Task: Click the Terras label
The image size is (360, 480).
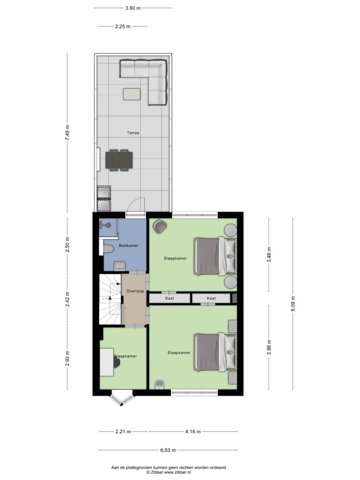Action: pyautogui.click(x=133, y=133)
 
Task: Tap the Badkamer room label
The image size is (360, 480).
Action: pyautogui.click(x=129, y=245)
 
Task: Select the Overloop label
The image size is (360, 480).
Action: pyautogui.click(x=134, y=291)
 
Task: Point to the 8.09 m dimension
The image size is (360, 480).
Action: pyautogui.click(x=293, y=303)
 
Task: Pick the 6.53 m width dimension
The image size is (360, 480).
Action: pyautogui.click(x=168, y=450)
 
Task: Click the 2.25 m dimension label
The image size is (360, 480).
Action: pyautogui.click(x=123, y=26)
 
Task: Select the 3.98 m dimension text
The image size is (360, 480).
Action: pyautogui.click(x=269, y=346)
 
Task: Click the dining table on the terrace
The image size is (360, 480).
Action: pyautogui.click(x=119, y=160)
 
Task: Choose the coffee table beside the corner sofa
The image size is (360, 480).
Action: pyautogui.click(x=132, y=94)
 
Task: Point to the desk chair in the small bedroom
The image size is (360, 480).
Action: pyautogui.click(x=117, y=362)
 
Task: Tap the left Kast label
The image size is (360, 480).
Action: pyautogui.click(x=170, y=298)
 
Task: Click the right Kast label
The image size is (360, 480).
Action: pyautogui.click(x=211, y=298)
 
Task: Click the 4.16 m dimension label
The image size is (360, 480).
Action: pyautogui.click(x=193, y=432)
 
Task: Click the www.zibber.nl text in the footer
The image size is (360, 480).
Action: pyautogui.click(x=178, y=472)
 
